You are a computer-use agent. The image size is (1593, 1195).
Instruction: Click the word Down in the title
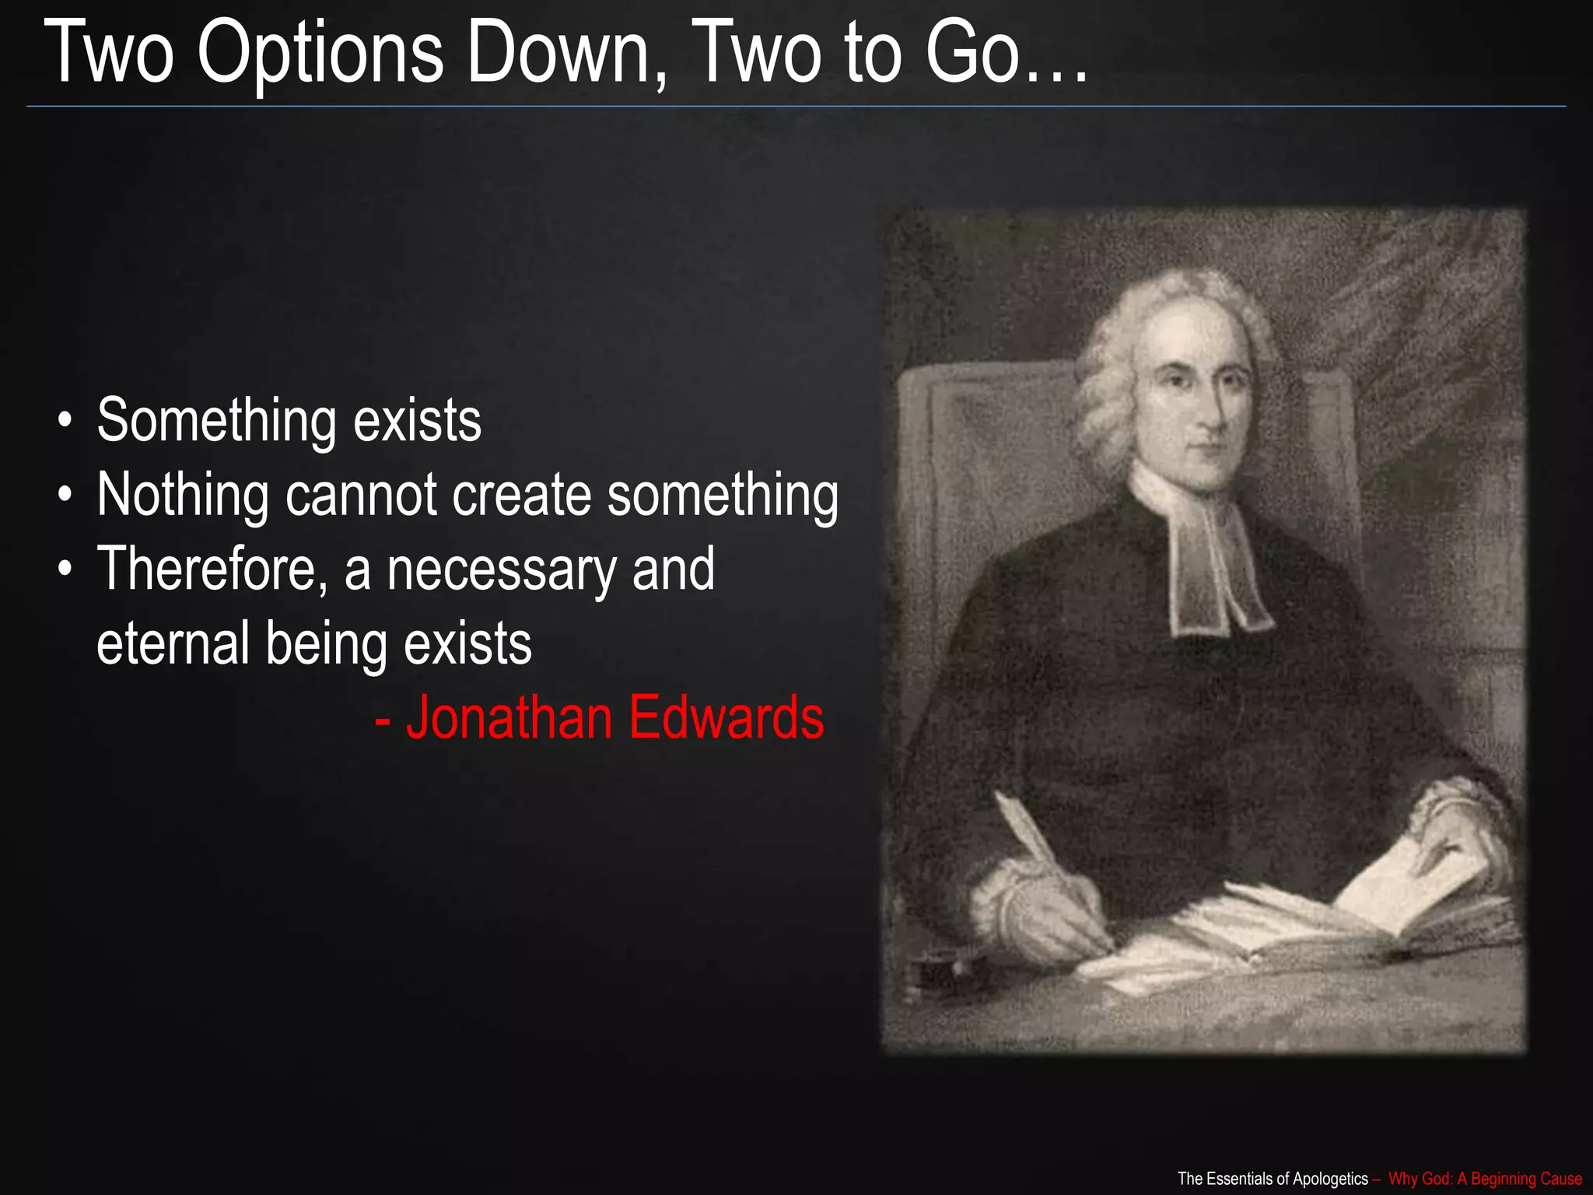(x=557, y=53)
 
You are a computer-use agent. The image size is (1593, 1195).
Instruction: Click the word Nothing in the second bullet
(x=183, y=496)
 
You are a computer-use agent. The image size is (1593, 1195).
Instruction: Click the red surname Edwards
(x=726, y=717)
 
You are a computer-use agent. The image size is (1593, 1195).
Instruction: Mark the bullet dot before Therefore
(x=66, y=570)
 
